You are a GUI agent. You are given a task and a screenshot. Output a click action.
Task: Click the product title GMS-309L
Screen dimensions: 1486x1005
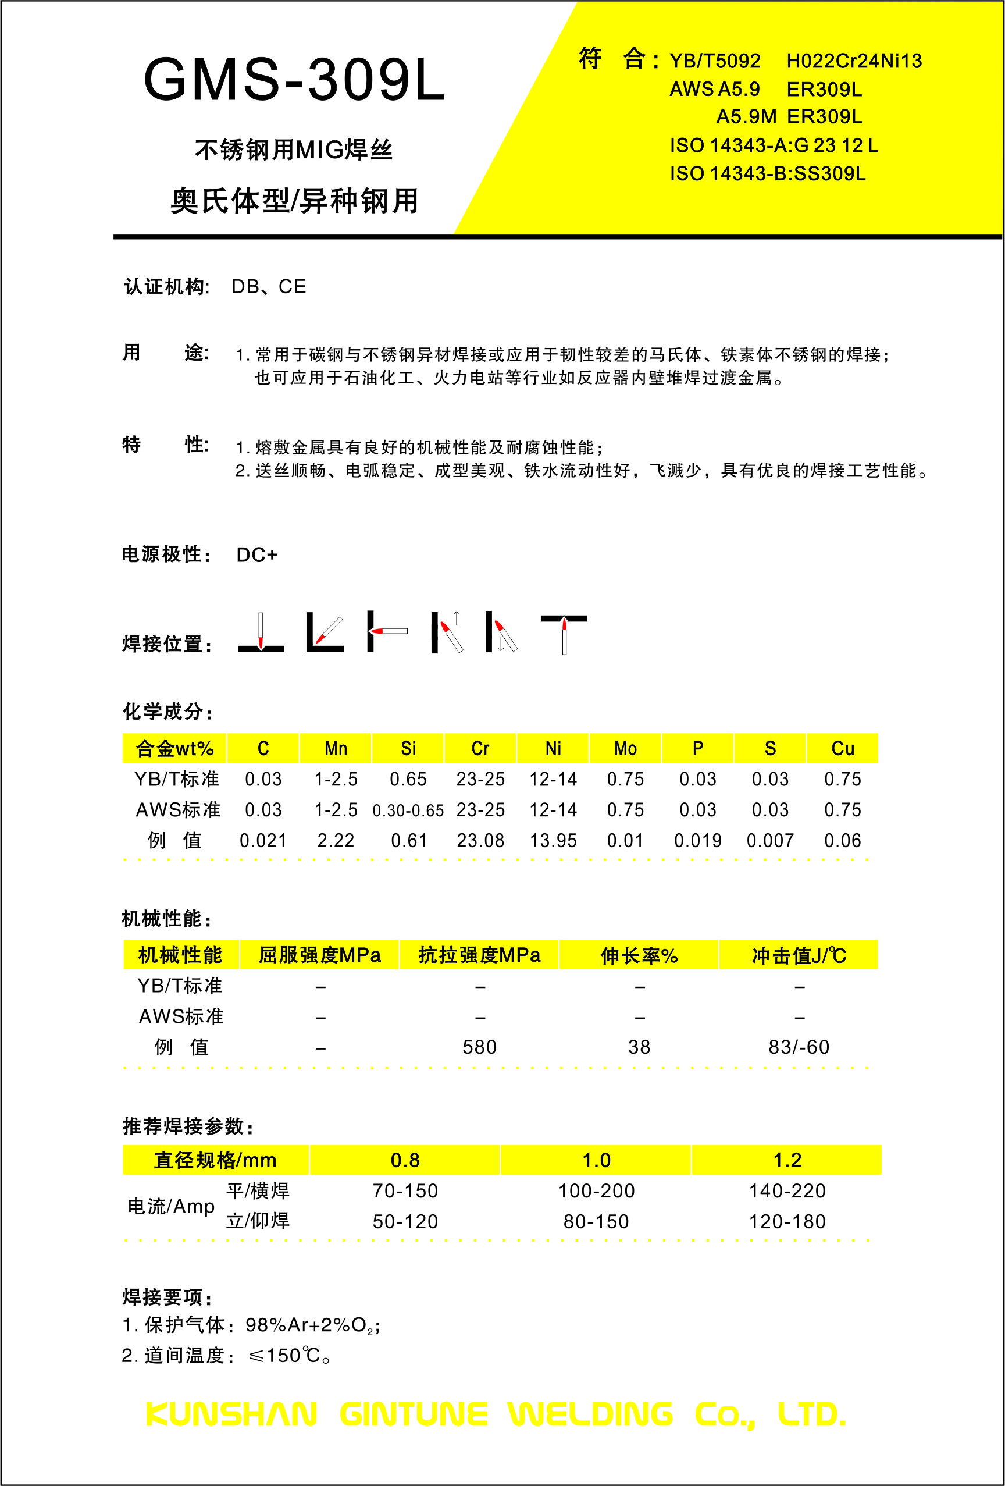tap(294, 80)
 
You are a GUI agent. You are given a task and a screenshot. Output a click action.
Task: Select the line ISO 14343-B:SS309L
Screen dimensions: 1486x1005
tap(767, 174)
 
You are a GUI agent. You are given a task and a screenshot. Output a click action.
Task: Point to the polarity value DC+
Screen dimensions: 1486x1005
tap(257, 555)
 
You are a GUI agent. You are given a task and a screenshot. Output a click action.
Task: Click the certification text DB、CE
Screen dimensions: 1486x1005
tap(269, 287)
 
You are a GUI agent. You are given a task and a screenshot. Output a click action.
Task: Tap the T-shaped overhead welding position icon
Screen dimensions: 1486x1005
tap(564, 633)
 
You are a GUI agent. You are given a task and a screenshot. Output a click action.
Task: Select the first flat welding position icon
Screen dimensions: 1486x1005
tap(261, 633)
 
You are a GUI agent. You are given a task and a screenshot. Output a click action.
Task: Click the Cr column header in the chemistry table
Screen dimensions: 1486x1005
tap(480, 749)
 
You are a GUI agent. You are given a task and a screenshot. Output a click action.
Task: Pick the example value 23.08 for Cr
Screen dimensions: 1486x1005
tap(480, 841)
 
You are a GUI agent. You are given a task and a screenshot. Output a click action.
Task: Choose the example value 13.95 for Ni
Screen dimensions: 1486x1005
tap(553, 841)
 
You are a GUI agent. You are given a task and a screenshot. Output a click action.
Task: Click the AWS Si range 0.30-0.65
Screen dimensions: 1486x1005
tap(408, 810)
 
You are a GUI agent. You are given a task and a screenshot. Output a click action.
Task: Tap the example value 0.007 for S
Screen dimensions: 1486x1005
tap(771, 841)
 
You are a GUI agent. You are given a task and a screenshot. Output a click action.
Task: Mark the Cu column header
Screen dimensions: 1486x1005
tap(843, 749)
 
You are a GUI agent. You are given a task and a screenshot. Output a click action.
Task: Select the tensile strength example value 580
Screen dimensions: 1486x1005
tap(479, 1047)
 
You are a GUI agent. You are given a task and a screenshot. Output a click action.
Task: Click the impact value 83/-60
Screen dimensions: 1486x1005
tap(799, 1047)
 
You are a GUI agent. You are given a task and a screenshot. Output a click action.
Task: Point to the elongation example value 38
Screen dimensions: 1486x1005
tap(639, 1047)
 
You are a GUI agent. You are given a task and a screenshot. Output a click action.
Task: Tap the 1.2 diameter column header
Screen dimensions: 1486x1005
tap(787, 1161)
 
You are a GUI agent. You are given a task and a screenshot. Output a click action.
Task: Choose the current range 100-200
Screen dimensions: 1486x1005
tap(597, 1191)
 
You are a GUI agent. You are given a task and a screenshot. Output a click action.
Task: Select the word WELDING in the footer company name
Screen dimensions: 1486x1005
tap(591, 1414)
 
